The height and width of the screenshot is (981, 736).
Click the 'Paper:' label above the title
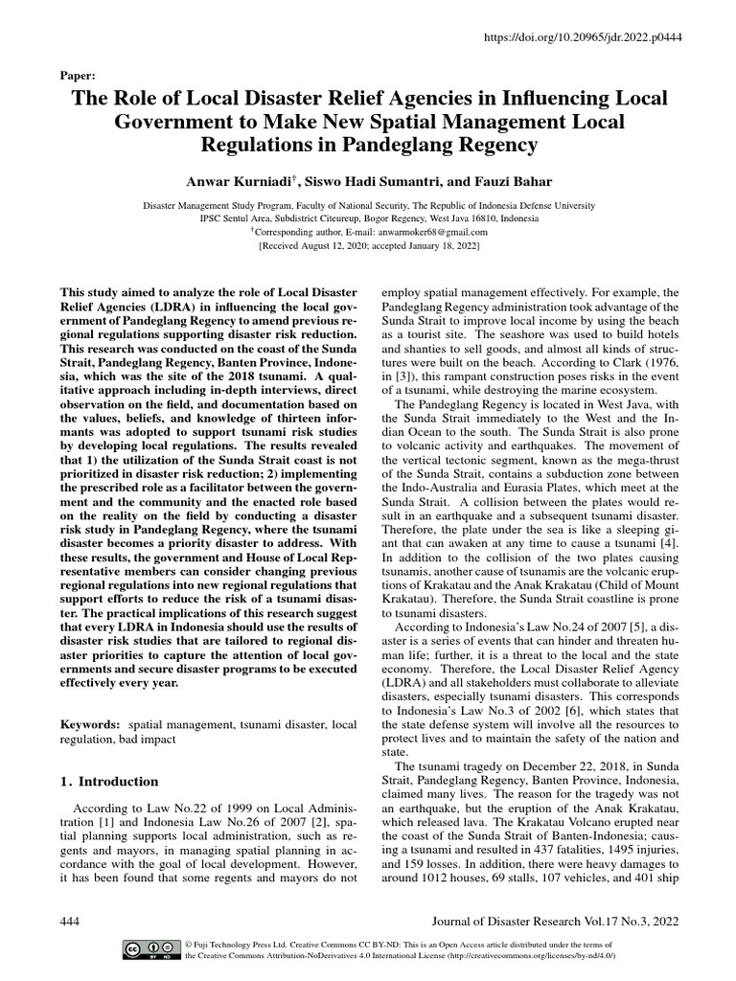click(x=77, y=74)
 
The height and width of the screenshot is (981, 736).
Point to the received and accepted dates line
click(x=369, y=245)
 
